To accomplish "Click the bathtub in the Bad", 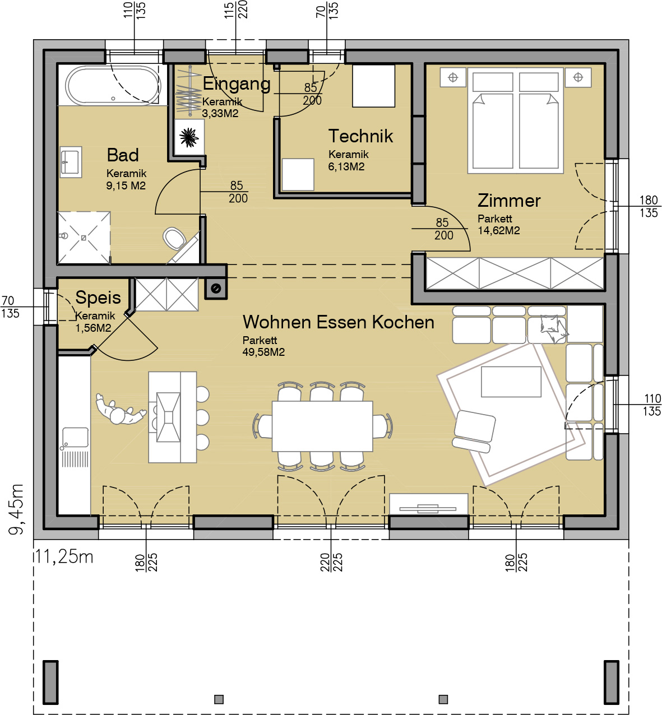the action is point(113,86).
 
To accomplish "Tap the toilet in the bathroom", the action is point(175,238).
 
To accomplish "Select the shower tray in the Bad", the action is point(84,238).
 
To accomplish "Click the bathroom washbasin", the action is point(71,162).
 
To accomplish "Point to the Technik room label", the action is point(360,136).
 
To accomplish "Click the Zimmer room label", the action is point(509,201).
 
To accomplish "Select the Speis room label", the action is point(98,298).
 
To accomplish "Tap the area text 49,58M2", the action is point(263,352).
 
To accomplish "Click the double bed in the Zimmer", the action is point(515,120).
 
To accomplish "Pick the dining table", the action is point(322,426).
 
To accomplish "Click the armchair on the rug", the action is point(474,431).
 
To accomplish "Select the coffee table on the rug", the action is point(511,382).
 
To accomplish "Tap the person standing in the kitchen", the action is point(120,410).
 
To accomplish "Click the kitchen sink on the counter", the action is point(75,437).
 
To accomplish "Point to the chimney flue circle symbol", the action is point(216,289).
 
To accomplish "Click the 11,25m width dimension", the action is point(64,557).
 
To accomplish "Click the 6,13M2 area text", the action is point(346,166).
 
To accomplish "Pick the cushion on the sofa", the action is point(553,328).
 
